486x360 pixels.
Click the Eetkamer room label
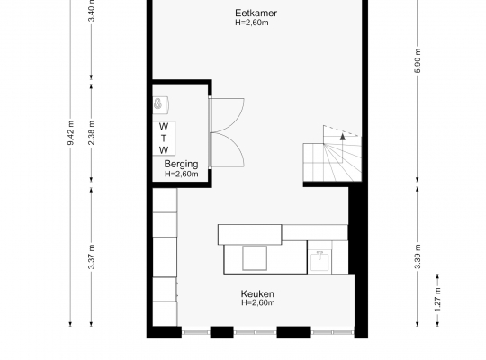(x=256, y=13)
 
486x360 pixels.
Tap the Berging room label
(x=181, y=164)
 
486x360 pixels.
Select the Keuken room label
(x=257, y=293)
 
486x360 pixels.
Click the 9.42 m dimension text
(x=71, y=132)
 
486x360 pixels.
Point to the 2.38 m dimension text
(x=92, y=132)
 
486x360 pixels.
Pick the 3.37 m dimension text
(x=92, y=256)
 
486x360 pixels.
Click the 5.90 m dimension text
(x=418, y=61)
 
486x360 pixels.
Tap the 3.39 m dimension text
(x=418, y=256)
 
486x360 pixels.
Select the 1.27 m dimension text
(x=437, y=300)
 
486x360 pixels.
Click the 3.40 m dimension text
(x=92, y=11)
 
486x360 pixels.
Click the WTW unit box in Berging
(x=164, y=139)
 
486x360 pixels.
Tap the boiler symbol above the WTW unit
(x=160, y=104)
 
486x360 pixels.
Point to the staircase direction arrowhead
(x=343, y=137)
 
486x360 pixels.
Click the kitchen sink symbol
(x=319, y=261)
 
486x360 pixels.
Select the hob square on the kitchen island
(x=255, y=258)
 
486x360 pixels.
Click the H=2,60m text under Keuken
(x=258, y=302)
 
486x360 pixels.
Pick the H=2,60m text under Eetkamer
(x=252, y=22)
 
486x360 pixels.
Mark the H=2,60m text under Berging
(x=182, y=174)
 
